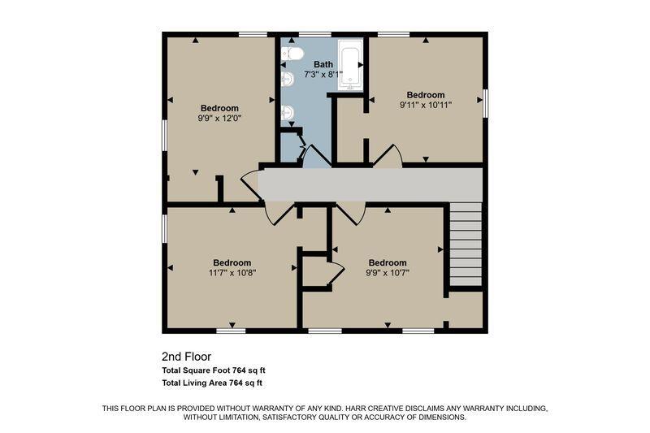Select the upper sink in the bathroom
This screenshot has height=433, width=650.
pos(288,80)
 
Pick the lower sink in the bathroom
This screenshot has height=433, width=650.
pos(288,113)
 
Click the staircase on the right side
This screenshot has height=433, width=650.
pos(466,245)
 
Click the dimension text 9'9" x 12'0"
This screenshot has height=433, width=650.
pos(219,118)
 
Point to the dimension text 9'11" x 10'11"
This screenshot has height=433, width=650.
pos(426,105)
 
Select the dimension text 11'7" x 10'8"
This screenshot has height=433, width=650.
pos(232,273)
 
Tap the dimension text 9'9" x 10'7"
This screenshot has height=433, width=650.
pos(388,273)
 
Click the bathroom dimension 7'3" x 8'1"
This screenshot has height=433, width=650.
pos(323,74)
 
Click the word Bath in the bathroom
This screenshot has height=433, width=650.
pos(323,63)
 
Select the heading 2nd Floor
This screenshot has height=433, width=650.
pos(187,356)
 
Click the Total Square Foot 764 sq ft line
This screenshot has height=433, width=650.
pos(212,370)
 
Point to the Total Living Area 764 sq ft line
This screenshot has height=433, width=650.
pos(212,383)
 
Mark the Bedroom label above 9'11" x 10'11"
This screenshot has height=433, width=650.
pos(426,94)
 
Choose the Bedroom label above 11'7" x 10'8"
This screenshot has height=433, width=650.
pos(232,262)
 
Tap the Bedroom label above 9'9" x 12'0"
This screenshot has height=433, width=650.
pos(219,108)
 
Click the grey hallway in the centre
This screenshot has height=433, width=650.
pos(370,185)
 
